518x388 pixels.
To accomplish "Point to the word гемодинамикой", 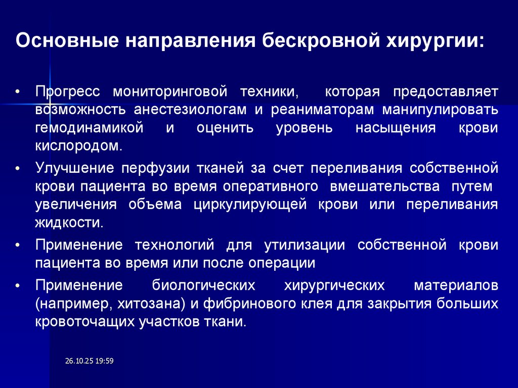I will pyautogui.click(x=90, y=127).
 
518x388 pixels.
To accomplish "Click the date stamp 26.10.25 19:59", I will pyautogui.click(x=89, y=360).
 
